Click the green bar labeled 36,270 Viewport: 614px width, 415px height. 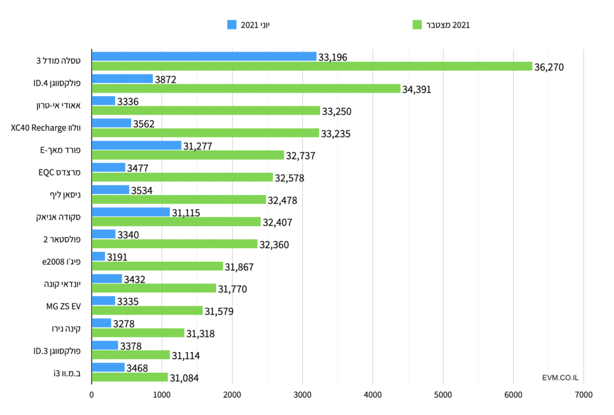(312, 67)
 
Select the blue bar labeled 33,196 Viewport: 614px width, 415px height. (204, 56)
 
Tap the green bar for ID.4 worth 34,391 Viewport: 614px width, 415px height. (246, 89)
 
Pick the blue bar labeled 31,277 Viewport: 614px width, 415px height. (137, 145)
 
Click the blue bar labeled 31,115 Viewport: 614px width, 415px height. (131, 212)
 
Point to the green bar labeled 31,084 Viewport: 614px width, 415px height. (130, 377)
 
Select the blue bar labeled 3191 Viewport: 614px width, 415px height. (98, 256)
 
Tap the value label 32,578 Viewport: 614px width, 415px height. (290, 178)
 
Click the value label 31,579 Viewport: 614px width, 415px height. (219, 311)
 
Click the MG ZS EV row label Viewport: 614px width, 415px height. (63, 306)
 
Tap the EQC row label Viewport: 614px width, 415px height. (64, 172)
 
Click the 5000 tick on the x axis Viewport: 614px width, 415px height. (443, 395)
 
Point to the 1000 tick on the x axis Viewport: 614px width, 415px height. (161, 395)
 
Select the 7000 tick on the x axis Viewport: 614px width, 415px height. (583, 395)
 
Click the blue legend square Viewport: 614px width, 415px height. (232, 25)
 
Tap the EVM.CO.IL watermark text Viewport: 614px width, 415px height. (559, 378)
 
